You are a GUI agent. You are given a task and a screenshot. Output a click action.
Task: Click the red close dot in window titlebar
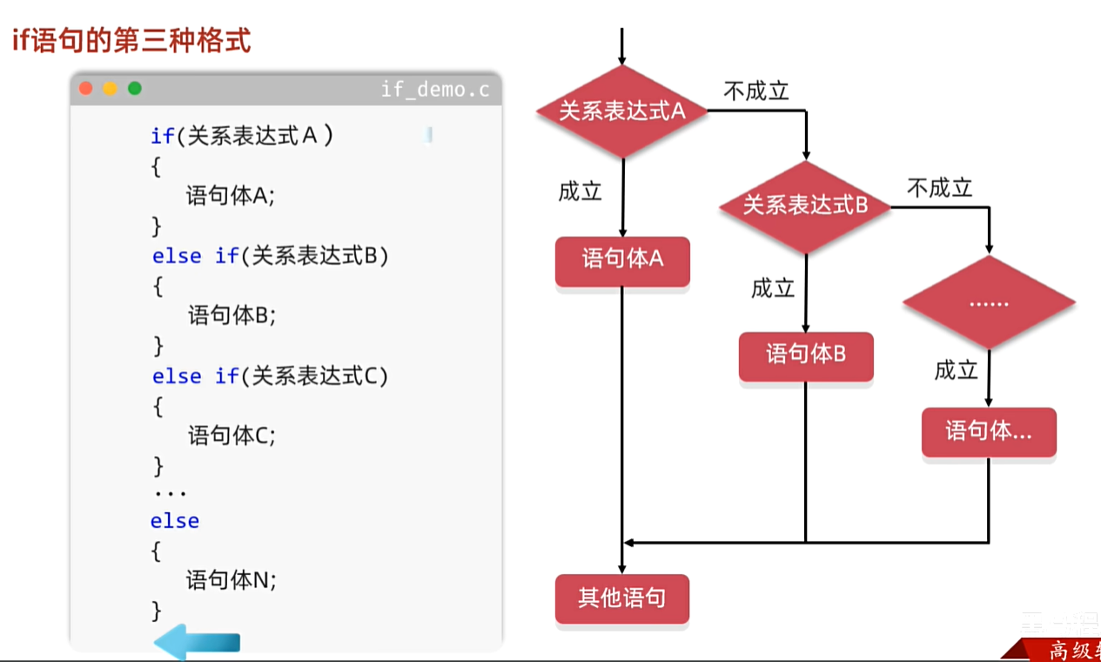pyautogui.click(x=85, y=88)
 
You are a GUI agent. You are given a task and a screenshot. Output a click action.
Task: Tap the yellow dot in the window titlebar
pyautogui.click(x=110, y=88)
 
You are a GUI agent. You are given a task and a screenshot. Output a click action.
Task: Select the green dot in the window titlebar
pyautogui.click(x=134, y=88)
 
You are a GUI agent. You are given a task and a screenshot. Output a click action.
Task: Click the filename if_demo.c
pyautogui.click(x=434, y=89)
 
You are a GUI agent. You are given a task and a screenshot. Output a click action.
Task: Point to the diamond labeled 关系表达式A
pyautogui.click(x=621, y=111)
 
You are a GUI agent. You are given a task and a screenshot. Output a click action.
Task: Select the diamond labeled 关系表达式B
pyautogui.click(x=805, y=206)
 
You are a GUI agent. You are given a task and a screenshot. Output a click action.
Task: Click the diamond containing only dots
pyautogui.click(x=988, y=303)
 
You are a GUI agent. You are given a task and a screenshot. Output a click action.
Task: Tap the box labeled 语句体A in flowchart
pyautogui.click(x=622, y=259)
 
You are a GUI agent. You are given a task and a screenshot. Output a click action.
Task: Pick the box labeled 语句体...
pyautogui.click(x=989, y=431)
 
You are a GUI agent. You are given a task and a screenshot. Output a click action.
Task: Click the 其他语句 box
pyautogui.click(x=621, y=598)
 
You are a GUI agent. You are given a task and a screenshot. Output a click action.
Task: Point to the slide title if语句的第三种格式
pyautogui.click(x=131, y=41)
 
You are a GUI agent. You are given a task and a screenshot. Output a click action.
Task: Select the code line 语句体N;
pyautogui.click(x=231, y=580)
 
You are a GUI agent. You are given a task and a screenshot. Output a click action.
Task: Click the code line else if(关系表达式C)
pyautogui.click(x=270, y=376)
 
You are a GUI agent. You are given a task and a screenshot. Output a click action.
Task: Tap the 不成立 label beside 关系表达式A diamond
pyautogui.click(x=755, y=91)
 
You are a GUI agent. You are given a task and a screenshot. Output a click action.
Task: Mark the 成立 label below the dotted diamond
pyautogui.click(x=956, y=370)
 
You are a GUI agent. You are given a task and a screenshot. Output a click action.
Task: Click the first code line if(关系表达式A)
pyautogui.click(x=242, y=136)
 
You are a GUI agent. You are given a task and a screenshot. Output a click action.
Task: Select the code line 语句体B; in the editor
pyautogui.click(x=232, y=315)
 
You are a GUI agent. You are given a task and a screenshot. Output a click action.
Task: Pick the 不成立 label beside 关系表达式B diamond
pyautogui.click(x=939, y=187)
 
